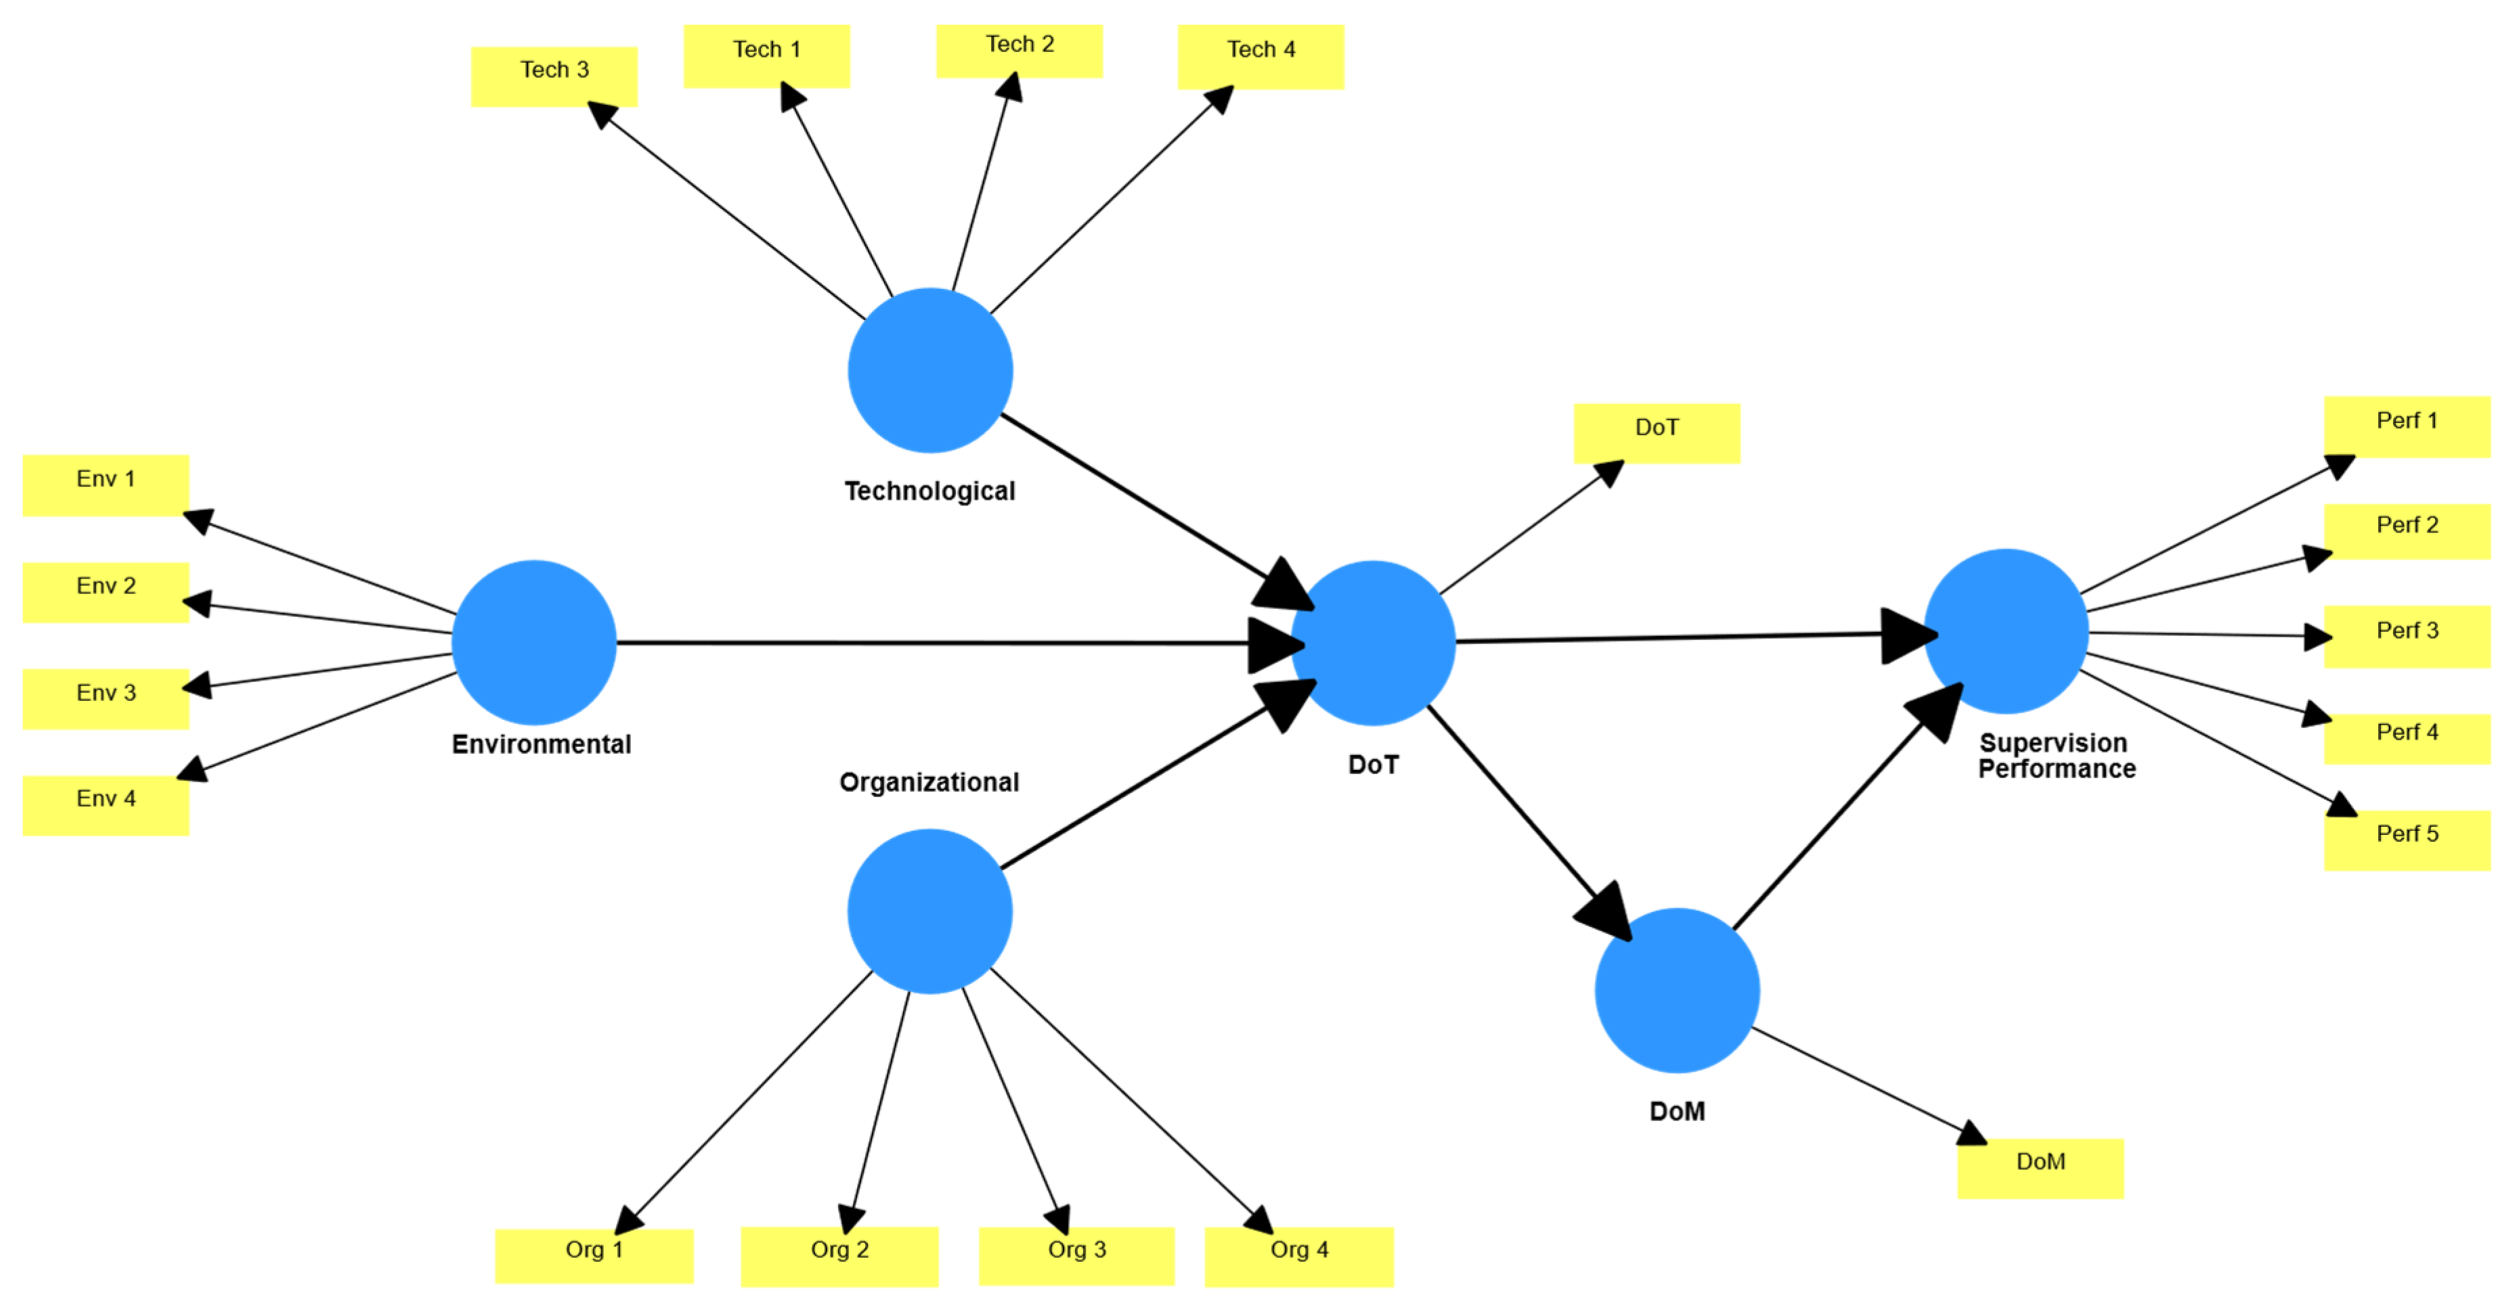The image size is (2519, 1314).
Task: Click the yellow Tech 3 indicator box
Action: [554, 76]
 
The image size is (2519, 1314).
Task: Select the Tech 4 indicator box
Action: [1261, 57]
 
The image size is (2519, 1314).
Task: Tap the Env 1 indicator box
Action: [106, 485]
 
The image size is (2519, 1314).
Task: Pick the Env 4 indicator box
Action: [106, 806]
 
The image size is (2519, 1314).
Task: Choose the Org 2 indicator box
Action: [839, 1256]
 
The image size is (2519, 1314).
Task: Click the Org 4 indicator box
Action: [1298, 1256]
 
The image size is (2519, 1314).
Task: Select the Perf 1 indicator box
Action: [2407, 426]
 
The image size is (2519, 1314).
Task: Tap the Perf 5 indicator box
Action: [2407, 840]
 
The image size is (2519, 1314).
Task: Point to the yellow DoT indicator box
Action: [1657, 433]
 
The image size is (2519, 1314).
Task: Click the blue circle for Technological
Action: [930, 371]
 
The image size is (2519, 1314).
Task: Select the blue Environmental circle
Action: [534, 642]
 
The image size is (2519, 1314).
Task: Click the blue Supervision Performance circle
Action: [2006, 631]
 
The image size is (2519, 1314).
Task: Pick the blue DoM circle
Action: [1677, 991]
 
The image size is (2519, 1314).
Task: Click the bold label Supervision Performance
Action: [2057, 756]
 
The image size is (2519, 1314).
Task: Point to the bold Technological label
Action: [930, 491]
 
